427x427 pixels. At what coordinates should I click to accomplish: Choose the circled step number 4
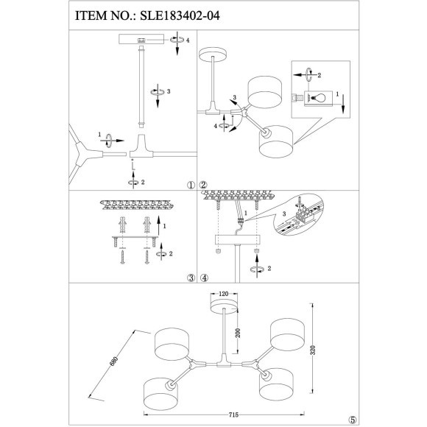(x=205, y=278)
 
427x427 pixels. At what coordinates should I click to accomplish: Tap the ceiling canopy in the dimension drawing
(x=222, y=303)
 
